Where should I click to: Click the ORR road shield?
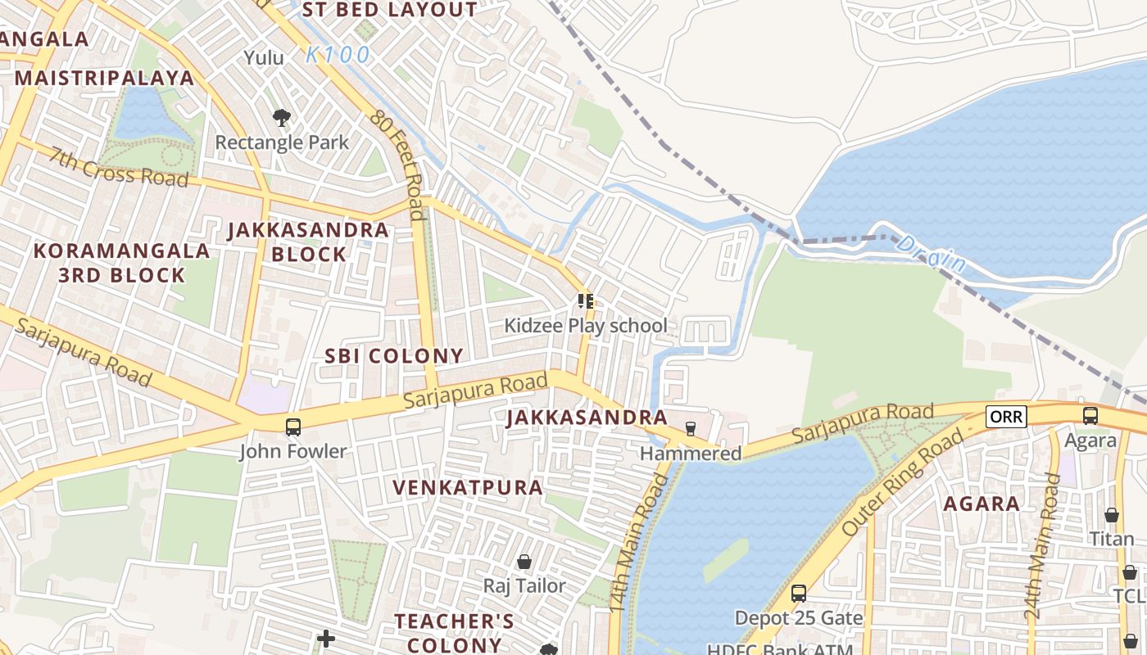coord(1005,417)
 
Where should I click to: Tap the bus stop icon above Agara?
coord(1090,416)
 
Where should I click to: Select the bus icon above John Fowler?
coord(292,427)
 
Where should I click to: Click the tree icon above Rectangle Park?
coord(282,118)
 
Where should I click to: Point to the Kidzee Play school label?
coord(585,326)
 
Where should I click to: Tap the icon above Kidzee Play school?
coord(585,301)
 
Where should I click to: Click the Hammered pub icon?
coord(690,429)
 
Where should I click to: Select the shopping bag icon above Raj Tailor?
coord(524,562)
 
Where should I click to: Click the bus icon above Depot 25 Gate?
coord(798,593)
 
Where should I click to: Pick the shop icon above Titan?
coord(1111,515)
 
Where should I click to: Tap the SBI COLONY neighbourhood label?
coord(394,356)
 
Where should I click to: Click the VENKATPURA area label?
coord(468,488)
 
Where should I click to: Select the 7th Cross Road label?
coord(119,167)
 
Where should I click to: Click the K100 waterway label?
coord(338,56)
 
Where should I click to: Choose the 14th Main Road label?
coord(629,541)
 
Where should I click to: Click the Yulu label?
coord(264,57)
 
